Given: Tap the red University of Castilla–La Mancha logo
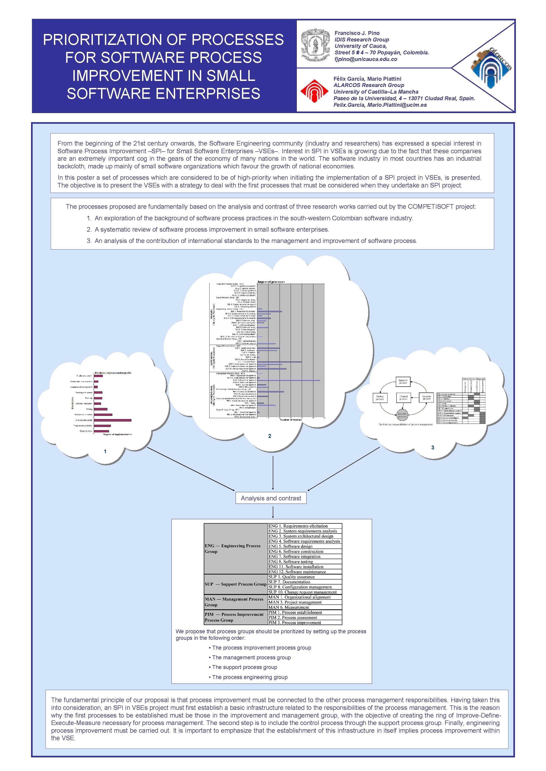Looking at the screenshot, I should click(x=314, y=91).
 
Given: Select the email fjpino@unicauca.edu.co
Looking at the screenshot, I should click(x=365, y=59).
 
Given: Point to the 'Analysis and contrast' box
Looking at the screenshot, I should click(x=271, y=498).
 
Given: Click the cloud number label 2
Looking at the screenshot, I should click(x=270, y=436).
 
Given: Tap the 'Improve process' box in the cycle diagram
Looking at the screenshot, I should click(x=403, y=381).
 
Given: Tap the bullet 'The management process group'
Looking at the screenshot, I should click(x=251, y=657).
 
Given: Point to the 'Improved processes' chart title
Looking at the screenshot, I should click(x=271, y=282).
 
